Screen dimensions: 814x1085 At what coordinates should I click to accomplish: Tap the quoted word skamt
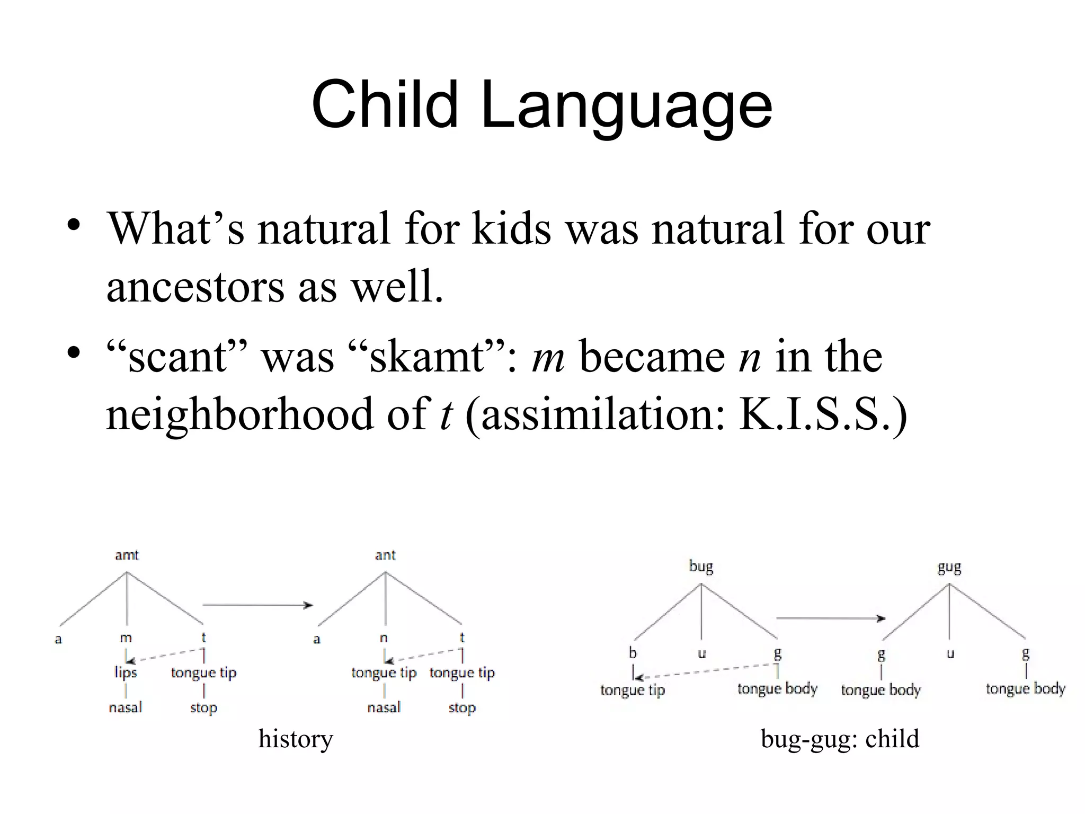[x=426, y=357]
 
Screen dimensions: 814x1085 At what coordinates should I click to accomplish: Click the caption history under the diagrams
[x=296, y=738]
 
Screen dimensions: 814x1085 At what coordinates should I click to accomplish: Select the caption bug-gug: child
[x=840, y=738]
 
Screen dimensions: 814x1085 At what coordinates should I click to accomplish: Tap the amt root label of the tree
[x=127, y=555]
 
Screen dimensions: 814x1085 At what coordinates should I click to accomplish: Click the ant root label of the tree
[x=385, y=555]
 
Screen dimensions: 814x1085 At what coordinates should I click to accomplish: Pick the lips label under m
[x=126, y=673]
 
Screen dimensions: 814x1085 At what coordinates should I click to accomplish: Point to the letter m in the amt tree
[x=126, y=638]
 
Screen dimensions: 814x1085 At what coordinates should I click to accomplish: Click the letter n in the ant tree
[x=384, y=638]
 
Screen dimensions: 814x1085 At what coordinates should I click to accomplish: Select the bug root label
[x=701, y=567]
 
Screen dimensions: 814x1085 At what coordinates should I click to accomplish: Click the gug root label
[x=949, y=568]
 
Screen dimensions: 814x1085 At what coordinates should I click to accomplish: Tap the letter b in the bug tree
[x=633, y=653]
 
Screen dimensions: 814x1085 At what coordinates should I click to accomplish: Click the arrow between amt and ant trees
[x=257, y=605]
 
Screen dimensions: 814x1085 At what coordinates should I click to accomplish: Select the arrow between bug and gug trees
[x=830, y=618]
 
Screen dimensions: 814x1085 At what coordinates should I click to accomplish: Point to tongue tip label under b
[x=633, y=690]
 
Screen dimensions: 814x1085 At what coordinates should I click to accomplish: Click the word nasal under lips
[x=126, y=707]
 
